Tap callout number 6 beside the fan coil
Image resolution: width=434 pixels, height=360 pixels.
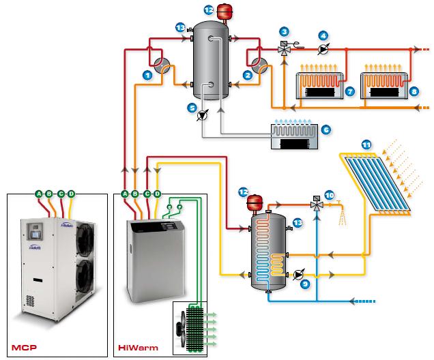[x=325, y=129]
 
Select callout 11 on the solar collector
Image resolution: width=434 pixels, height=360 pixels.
[x=366, y=145]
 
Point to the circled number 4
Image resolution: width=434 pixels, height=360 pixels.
[x=323, y=35]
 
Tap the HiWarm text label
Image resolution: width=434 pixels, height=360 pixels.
[x=130, y=346]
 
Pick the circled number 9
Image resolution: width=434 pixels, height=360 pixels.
[x=306, y=284]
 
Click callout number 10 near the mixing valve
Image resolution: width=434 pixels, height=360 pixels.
[x=329, y=196]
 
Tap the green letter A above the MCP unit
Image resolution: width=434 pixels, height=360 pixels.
[x=39, y=194]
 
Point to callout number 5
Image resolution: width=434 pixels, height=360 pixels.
[x=192, y=107]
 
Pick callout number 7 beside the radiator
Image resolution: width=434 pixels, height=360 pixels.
[x=349, y=91]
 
